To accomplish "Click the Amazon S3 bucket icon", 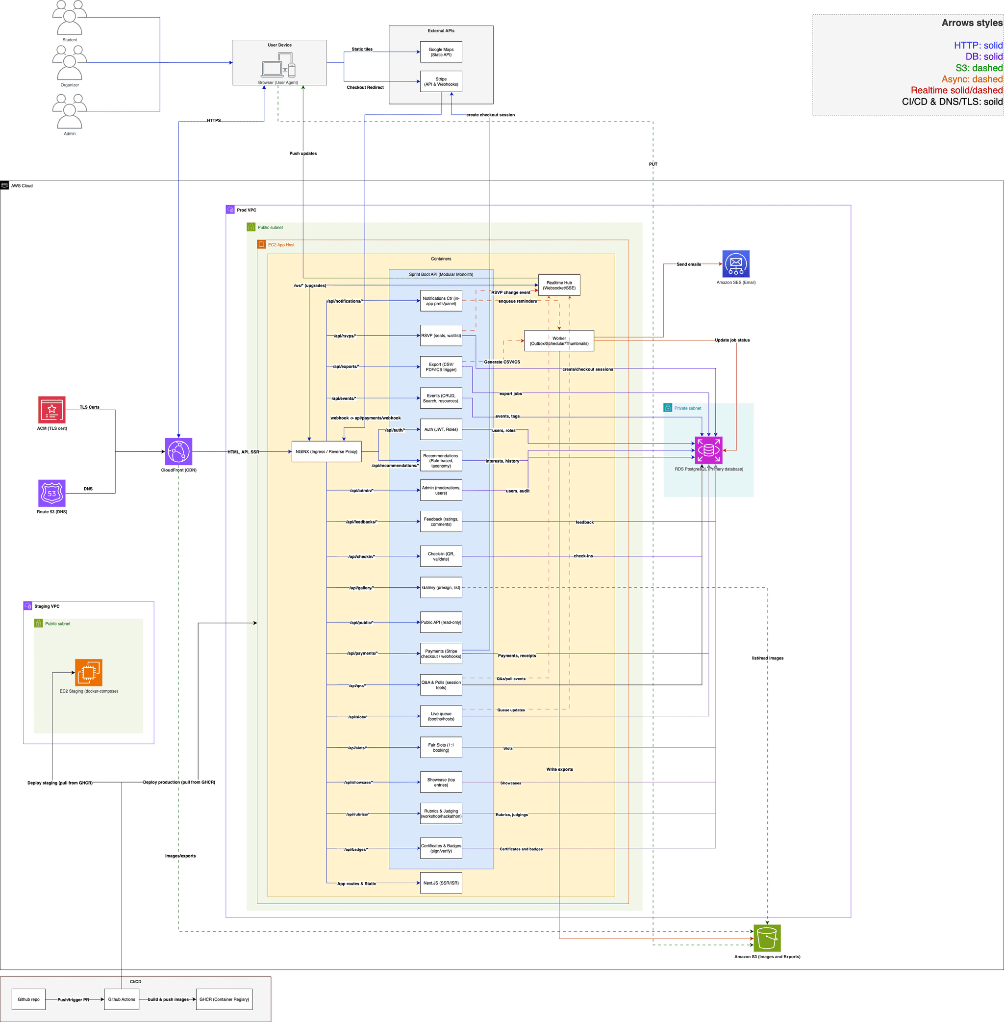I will (x=767, y=938).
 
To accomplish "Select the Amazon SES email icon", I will (x=736, y=264).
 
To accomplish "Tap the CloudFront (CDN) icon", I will (x=178, y=452).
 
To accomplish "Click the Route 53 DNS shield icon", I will (x=51, y=493).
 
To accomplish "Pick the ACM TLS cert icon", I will (x=51, y=410).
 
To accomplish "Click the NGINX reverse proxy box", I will (x=326, y=452).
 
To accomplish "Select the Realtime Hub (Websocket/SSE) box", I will (x=559, y=286).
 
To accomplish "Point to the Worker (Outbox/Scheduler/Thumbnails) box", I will (x=559, y=341).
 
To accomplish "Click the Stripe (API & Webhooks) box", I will (x=441, y=82).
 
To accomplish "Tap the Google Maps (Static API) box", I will (x=441, y=52).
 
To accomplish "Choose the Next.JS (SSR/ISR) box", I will (x=441, y=883).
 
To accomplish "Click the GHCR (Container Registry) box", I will (x=224, y=999).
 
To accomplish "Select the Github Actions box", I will (x=121, y=999).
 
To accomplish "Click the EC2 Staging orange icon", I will (x=89, y=672).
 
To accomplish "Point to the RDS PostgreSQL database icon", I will (x=708, y=450).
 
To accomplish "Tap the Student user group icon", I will (x=70, y=18).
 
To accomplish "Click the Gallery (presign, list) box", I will (x=441, y=587).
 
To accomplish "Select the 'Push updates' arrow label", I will (x=303, y=154).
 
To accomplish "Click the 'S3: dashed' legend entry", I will (x=978, y=68).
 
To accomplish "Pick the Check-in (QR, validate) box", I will (x=441, y=556).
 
